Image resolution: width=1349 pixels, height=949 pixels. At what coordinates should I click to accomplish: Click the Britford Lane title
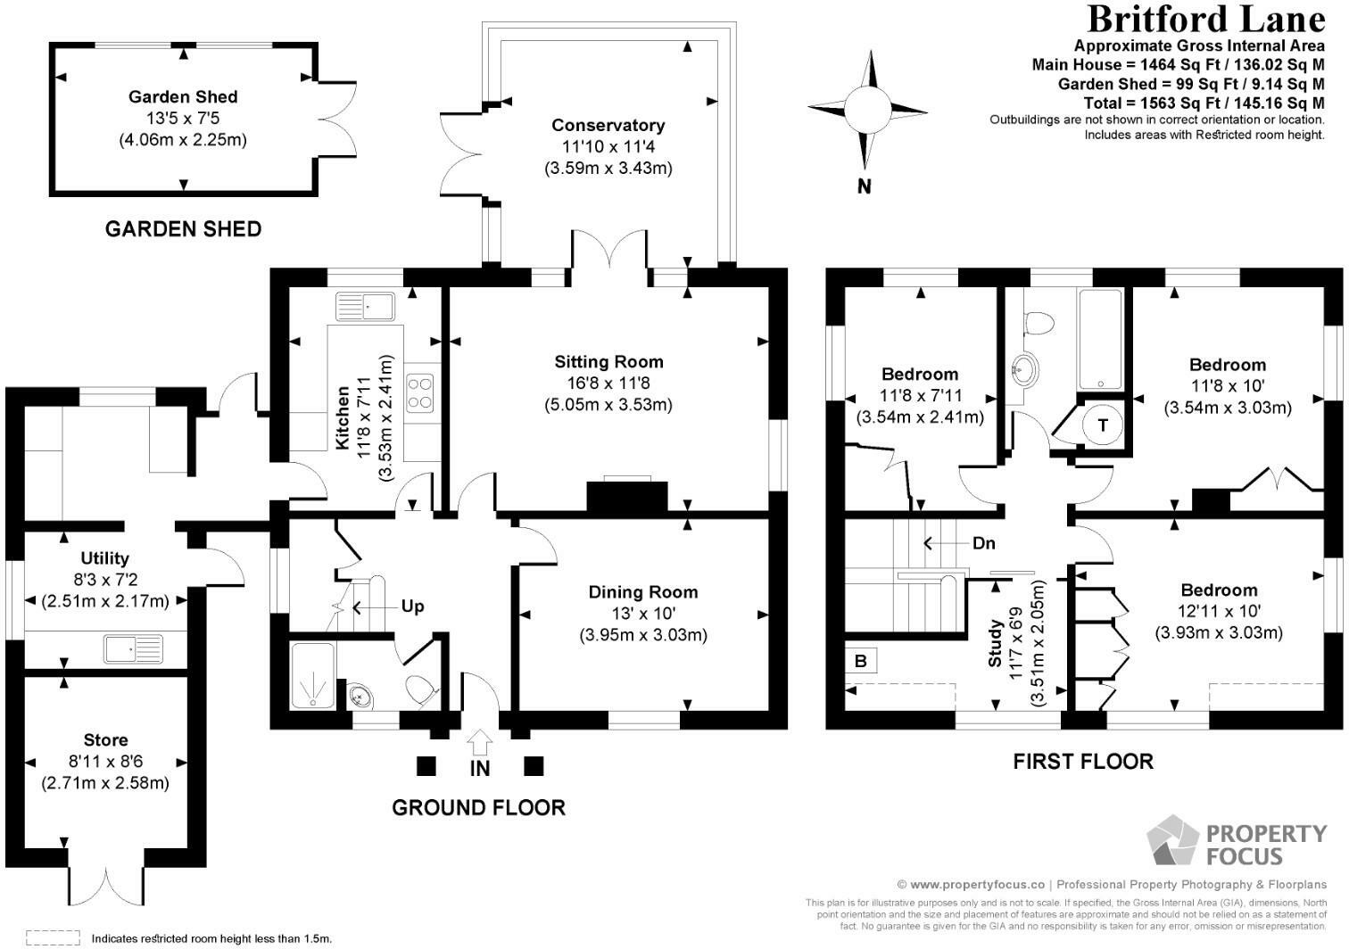pyautogui.click(x=1205, y=20)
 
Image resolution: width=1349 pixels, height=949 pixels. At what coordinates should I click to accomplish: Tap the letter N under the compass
pyautogui.click(x=865, y=186)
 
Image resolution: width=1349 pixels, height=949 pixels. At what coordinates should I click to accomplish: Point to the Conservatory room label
pyautogui.click(x=608, y=125)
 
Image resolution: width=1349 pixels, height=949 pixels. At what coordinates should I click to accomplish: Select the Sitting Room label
pyautogui.click(x=608, y=362)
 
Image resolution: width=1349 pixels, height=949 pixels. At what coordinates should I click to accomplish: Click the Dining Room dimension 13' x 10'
pyautogui.click(x=643, y=614)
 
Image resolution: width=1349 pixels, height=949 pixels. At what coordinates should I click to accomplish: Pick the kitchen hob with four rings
pyautogui.click(x=419, y=393)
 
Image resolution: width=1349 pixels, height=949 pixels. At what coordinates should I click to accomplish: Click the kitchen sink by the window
pyautogui.click(x=365, y=306)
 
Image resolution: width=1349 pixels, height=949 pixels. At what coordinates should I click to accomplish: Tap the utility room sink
pyautogui.click(x=134, y=649)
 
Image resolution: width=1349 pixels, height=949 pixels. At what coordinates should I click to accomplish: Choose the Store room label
pyautogui.click(x=105, y=740)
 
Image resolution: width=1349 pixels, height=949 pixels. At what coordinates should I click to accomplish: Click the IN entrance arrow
pyautogui.click(x=479, y=742)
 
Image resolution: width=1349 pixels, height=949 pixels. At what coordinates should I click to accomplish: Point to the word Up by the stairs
pyautogui.click(x=412, y=607)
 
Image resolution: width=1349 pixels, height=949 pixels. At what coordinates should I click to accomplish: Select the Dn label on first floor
pyautogui.click(x=983, y=543)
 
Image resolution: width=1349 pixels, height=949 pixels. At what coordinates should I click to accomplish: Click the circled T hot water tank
pyautogui.click(x=1103, y=425)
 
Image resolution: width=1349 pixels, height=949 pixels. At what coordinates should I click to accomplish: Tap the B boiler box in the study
pyautogui.click(x=861, y=661)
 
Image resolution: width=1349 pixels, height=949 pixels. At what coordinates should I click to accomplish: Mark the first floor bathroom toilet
pyautogui.click(x=1039, y=322)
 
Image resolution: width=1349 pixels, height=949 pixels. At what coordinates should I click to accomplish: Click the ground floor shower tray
pyautogui.click(x=312, y=675)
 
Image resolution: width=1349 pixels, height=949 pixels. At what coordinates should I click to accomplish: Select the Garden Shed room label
pyautogui.click(x=183, y=97)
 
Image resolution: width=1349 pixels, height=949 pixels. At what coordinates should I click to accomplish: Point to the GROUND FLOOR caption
pyautogui.click(x=479, y=807)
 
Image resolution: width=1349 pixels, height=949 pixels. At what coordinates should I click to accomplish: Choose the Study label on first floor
pyautogui.click(x=995, y=643)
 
